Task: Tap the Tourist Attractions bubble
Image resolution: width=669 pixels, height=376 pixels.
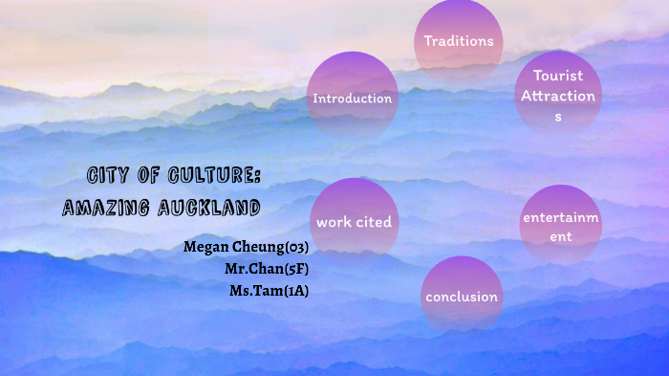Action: [558, 92]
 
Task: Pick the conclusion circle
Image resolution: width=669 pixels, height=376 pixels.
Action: [462, 296]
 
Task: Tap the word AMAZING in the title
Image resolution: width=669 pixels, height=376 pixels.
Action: [103, 207]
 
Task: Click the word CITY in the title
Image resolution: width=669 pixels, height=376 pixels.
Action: [105, 176]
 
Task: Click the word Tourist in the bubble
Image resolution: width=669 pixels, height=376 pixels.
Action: [558, 75]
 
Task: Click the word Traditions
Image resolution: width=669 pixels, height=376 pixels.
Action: [459, 41]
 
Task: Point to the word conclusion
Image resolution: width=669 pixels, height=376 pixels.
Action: [462, 297]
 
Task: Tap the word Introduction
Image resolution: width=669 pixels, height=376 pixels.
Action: [353, 99]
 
